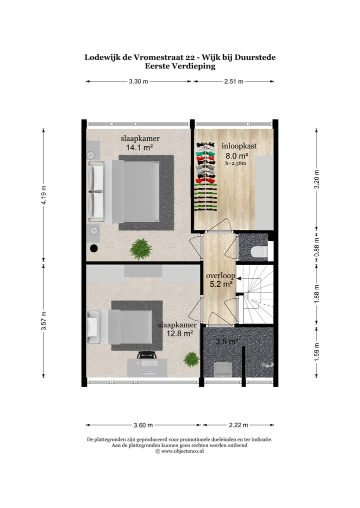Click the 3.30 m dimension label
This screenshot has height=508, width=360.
138,81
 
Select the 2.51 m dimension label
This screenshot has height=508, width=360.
233,81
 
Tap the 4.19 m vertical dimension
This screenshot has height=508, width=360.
43,195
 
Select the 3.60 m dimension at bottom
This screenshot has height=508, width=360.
143,425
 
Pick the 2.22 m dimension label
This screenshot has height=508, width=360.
238,425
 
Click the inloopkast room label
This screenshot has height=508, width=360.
239,146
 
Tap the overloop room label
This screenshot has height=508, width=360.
220,275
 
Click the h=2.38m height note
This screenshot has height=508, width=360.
236,163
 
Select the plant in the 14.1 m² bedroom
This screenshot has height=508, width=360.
141,248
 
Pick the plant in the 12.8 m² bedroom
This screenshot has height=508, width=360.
191,359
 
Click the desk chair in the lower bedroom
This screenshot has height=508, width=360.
146,355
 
